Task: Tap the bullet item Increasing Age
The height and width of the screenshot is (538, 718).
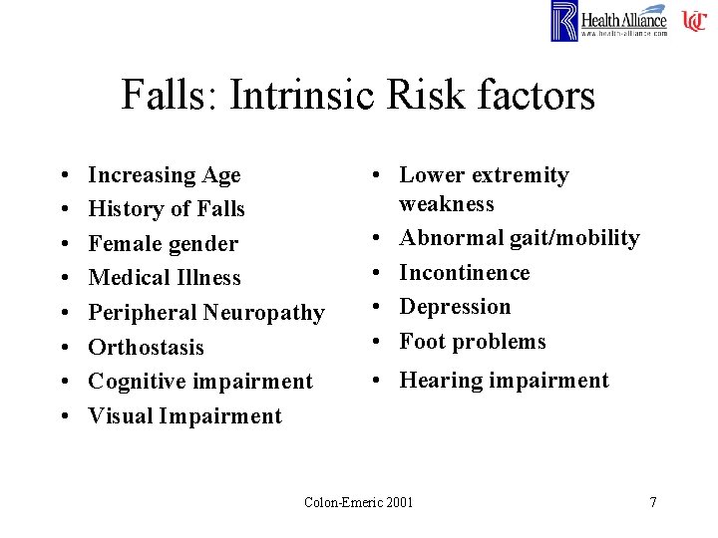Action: click(165, 175)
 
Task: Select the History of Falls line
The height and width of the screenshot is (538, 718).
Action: click(167, 209)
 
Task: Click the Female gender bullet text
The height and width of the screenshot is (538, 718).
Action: click(164, 244)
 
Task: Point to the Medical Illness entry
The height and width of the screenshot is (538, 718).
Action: click(165, 278)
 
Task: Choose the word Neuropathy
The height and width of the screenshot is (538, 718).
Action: click(264, 313)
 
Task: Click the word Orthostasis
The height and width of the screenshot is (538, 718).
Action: click(146, 348)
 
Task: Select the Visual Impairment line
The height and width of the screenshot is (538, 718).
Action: click(184, 416)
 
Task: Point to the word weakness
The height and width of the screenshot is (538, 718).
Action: click(446, 204)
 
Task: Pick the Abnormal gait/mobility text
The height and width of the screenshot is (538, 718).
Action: click(519, 238)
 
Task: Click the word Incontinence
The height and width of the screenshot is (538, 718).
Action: click(464, 273)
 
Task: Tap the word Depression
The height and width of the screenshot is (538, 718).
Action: click(455, 307)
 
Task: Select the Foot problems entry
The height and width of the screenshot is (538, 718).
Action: click(473, 342)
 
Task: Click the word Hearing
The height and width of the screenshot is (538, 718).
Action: click(440, 381)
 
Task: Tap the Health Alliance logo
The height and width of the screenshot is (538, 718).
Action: click(609, 21)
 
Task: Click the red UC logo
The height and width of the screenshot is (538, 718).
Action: click(694, 21)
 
